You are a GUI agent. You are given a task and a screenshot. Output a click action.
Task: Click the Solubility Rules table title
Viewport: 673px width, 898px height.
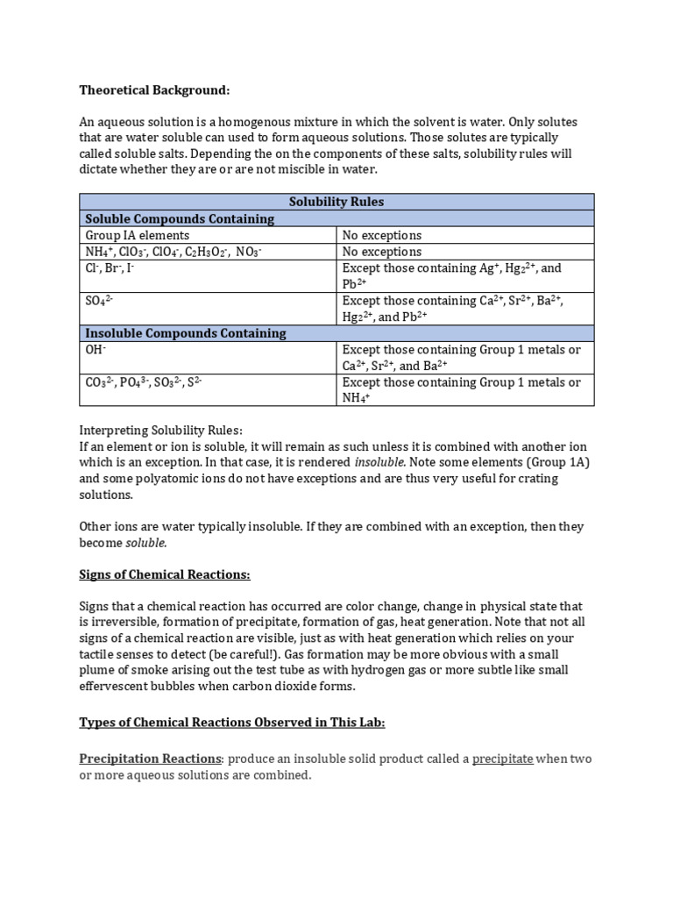336,202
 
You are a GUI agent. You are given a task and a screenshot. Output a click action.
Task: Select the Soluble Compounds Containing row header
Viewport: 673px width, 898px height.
180,218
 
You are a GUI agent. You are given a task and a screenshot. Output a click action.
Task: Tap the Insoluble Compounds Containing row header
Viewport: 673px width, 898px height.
186,333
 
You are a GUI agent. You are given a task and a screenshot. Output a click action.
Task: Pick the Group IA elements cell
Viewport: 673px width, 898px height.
137,235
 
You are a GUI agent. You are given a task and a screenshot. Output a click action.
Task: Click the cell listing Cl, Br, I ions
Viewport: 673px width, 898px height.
110,267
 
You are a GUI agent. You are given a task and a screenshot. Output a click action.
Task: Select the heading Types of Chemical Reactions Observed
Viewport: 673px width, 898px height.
231,722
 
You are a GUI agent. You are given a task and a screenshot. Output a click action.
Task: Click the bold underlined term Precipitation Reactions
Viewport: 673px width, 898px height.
151,759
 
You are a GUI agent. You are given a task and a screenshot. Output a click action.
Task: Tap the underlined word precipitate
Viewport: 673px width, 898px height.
502,759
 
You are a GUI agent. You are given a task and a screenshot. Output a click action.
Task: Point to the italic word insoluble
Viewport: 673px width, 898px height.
379,461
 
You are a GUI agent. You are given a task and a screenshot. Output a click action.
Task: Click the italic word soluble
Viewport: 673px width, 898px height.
146,543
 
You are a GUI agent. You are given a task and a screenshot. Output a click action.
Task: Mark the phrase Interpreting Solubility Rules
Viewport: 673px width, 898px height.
161,430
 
